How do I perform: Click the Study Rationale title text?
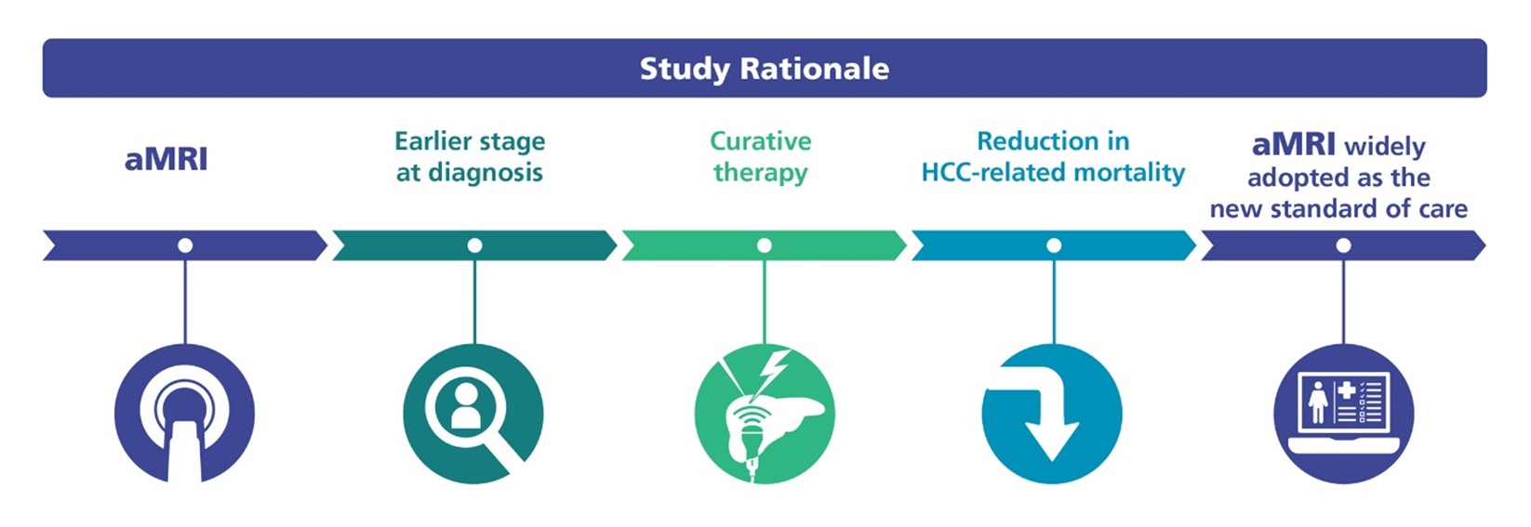pos(765,69)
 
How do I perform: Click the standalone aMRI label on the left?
pos(166,159)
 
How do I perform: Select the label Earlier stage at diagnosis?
pos(471,157)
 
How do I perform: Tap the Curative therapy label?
pos(761,157)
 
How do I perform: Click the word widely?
pos(1385,146)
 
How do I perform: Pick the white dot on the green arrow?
pos(765,245)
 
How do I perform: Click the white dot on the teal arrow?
pos(474,245)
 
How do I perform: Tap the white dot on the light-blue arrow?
pos(1054,245)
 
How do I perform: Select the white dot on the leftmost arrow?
pos(184,245)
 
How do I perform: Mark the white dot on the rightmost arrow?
pos(1343,245)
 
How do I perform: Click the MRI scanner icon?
pos(184,415)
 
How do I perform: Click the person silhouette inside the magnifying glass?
pos(465,404)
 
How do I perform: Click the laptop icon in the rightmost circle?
pos(1344,413)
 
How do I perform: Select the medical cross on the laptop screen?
pos(1347,391)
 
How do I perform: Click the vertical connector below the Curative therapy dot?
pos(765,298)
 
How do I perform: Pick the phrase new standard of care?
pos(1338,209)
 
